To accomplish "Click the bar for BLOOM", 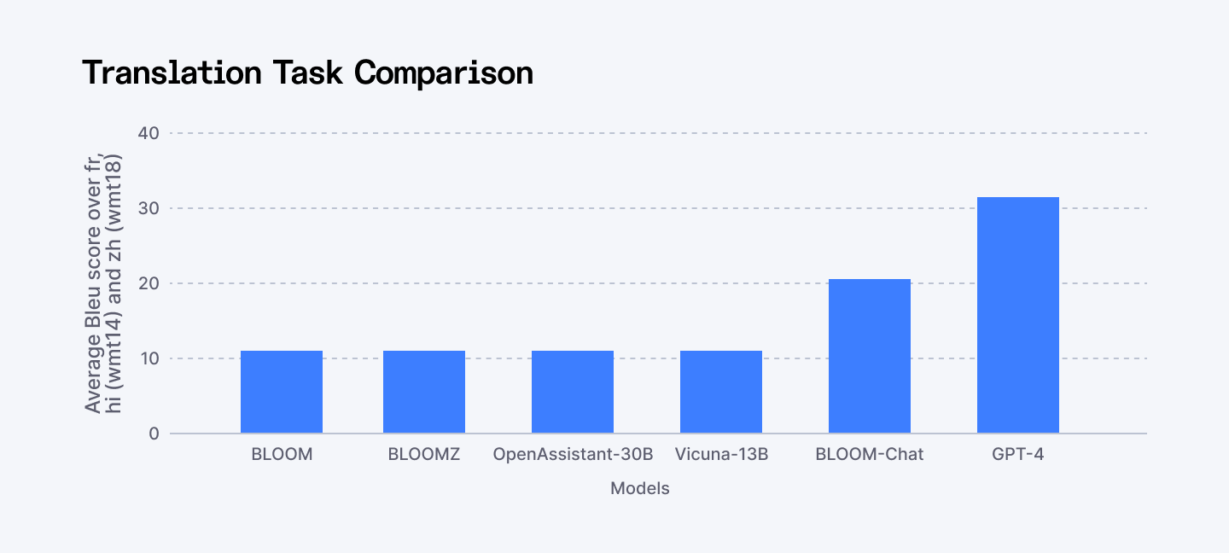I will pyautogui.click(x=282, y=392).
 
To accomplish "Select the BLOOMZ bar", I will pyautogui.click(x=424, y=392).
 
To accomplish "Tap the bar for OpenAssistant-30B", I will pyautogui.click(x=573, y=392).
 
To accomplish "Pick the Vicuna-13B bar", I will pyautogui.click(x=721, y=392).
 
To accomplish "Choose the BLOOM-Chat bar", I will pyautogui.click(x=870, y=356).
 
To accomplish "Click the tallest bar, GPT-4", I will pyautogui.click(x=1018, y=315).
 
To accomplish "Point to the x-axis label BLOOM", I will pyautogui.click(x=282, y=455).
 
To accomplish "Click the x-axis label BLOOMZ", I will pyautogui.click(x=424, y=455).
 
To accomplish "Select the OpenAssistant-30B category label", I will pyautogui.click(x=573, y=455).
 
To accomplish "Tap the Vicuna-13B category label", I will pyautogui.click(x=721, y=455).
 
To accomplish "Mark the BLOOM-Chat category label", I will pyautogui.click(x=870, y=455).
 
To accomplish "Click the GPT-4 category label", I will pyautogui.click(x=1018, y=455).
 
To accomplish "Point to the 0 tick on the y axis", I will pyautogui.click(x=154, y=434).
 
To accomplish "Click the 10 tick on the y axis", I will pyautogui.click(x=149, y=358).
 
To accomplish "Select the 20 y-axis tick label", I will pyautogui.click(x=149, y=283).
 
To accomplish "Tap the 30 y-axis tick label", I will pyautogui.click(x=149, y=208).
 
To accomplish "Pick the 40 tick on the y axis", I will pyautogui.click(x=149, y=133).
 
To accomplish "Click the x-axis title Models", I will pyautogui.click(x=639, y=489).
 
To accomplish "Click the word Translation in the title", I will pyautogui.click(x=172, y=73).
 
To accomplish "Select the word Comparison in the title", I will pyautogui.click(x=444, y=73).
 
